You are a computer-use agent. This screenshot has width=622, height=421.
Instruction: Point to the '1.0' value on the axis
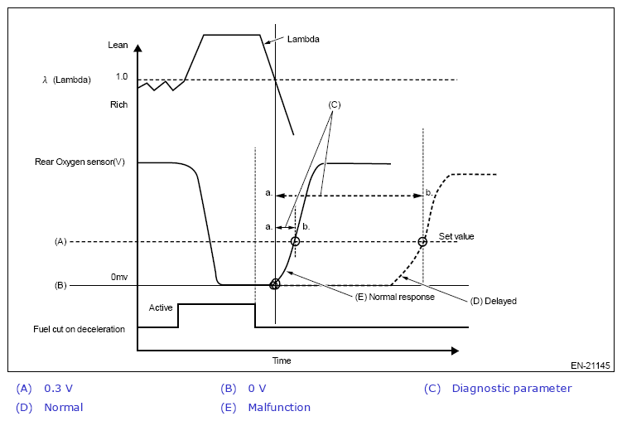click(122, 76)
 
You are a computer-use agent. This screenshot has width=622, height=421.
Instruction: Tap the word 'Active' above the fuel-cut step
click(161, 308)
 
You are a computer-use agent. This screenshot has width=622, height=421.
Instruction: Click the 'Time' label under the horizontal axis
click(282, 361)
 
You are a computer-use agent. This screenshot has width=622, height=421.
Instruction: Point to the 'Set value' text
click(456, 236)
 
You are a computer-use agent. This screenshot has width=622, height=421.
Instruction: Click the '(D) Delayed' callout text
click(493, 301)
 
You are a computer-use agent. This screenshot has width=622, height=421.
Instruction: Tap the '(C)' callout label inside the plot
click(335, 105)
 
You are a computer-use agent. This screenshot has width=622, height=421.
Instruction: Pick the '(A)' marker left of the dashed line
click(60, 242)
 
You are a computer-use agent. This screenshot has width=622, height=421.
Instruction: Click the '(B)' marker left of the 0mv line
click(60, 285)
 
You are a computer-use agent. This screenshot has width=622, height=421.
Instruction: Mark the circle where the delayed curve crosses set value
click(422, 242)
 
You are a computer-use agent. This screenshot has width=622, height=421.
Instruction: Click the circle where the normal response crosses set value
click(295, 242)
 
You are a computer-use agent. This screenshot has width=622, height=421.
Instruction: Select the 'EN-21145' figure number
click(591, 365)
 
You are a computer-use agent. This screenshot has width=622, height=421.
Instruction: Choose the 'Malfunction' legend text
click(279, 407)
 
